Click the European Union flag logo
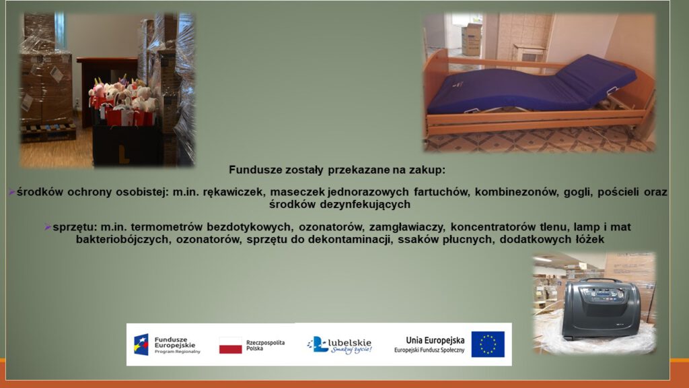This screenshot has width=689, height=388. pyautogui.click(x=488, y=344)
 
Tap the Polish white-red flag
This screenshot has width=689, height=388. pyautogui.click(x=230, y=346)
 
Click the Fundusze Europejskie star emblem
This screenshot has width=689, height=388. pyautogui.click(x=141, y=344)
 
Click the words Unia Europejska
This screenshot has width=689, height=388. pyautogui.click(x=435, y=340)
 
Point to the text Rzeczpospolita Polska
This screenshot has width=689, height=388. pyautogui.click(x=265, y=346)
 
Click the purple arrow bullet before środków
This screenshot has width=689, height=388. pyautogui.click(x=12, y=192)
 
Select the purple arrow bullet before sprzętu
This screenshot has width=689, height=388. pyautogui.click(x=48, y=228)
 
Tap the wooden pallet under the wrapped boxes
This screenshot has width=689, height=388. pyautogui.click(x=48, y=131)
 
